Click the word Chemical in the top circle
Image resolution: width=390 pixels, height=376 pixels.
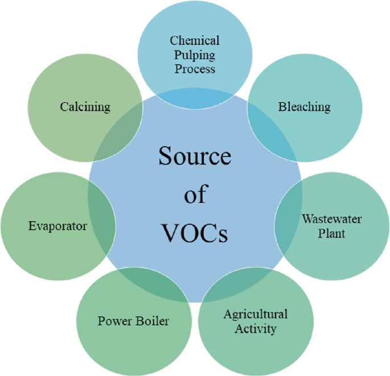pos(195,41)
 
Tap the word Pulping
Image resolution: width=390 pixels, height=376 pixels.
pos(195,55)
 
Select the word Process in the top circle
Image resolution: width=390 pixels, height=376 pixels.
pos(195,69)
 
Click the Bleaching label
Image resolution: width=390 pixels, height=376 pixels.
pos(304,106)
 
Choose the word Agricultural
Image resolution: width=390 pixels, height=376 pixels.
pos(255,314)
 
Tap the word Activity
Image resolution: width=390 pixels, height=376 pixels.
pos(255,328)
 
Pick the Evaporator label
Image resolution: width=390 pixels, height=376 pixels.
pos(58,226)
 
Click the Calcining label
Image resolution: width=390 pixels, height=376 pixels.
pos(85,106)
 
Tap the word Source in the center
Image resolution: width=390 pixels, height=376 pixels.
pos(194,156)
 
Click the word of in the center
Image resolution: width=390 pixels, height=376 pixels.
pos(194,195)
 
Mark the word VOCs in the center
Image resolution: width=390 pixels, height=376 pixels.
pos(194,233)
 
